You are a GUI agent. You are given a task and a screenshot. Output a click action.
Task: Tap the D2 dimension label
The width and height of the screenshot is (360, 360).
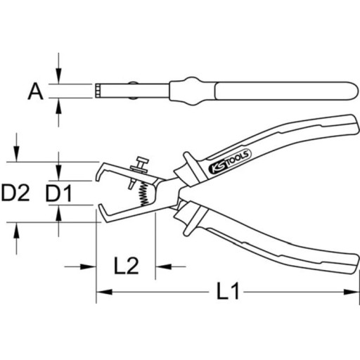pyautogui.click(x=15, y=192)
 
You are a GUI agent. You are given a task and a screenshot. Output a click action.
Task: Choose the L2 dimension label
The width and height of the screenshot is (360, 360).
pyautogui.click(x=125, y=266)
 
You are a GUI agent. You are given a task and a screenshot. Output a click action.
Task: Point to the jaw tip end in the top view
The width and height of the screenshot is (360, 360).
pyautogui.click(x=95, y=91)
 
